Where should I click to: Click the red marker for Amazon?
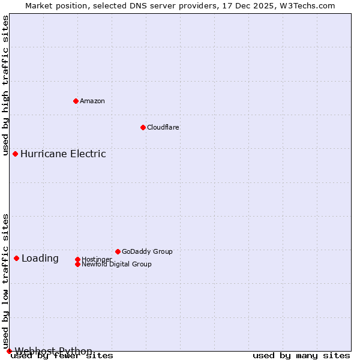[x=76, y=101]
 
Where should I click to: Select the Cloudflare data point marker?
[x=143, y=127]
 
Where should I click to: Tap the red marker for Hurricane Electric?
[x=15, y=154]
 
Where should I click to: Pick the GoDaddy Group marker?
[x=118, y=251]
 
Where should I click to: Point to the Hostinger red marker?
[x=77, y=259]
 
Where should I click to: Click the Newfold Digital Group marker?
[x=77, y=264]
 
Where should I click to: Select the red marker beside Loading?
[x=16, y=258]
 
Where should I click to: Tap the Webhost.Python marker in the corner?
[x=9, y=351]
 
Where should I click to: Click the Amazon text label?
[x=92, y=101]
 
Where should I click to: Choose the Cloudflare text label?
[x=163, y=127]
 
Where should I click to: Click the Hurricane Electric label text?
[x=63, y=154]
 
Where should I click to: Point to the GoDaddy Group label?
[x=147, y=251]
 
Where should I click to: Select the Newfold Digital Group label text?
[x=116, y=264]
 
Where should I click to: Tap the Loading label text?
[x=40, y=259]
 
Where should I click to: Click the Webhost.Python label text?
[x=53, y=351]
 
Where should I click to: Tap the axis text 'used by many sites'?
[x=301, y=356]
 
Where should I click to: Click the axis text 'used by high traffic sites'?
[x=6, y=86]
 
